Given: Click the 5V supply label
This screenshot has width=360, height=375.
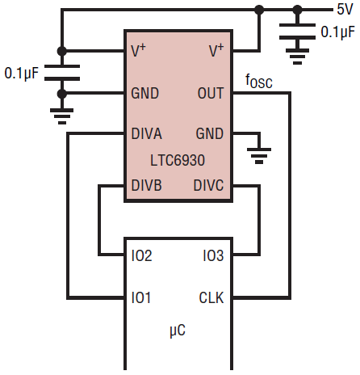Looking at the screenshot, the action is [x=345, y=10].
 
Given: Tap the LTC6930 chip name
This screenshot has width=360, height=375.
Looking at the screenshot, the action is [x=178, y=160].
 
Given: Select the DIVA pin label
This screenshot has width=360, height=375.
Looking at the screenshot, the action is [x=147, y=133].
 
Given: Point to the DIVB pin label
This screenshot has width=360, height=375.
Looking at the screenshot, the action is [x=147, y=185].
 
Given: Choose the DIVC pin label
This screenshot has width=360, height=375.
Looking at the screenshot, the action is [x=208, y=185].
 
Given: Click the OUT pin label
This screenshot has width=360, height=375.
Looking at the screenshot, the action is [x=211, y=93].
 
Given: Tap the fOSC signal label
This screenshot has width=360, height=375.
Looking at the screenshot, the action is [x=259, y=82].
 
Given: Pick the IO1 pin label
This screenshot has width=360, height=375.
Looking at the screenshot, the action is [x=140, y=297].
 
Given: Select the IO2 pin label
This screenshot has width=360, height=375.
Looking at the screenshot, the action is [x=141, y=255].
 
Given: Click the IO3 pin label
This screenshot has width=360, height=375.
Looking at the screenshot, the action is [x=213, y=255].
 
